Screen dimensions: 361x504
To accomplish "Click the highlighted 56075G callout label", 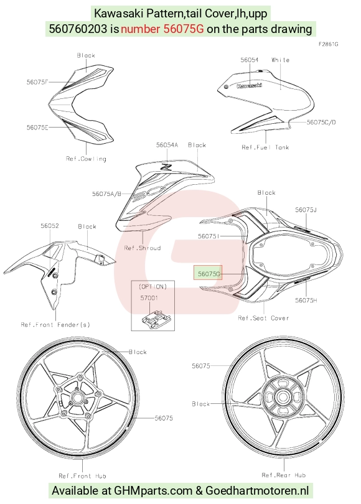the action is pos(209,274).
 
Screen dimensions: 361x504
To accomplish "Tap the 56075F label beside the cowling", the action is pos(37,82).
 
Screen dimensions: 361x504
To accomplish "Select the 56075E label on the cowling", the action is pos(37,128).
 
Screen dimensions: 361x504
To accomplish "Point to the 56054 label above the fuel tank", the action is pos(250,60).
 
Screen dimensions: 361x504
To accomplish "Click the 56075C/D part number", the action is pos(321,122).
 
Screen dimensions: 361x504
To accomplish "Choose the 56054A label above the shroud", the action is pos(167,145).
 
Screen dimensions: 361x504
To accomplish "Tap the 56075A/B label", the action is pos(106,194).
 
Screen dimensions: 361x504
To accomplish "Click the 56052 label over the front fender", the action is pos(50,226).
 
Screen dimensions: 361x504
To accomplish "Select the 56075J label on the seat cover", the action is pos(306,210).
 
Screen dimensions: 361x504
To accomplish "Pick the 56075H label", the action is pos(306,300).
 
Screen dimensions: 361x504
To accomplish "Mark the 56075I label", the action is pos(209,236).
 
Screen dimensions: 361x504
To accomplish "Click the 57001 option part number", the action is pos(149,298).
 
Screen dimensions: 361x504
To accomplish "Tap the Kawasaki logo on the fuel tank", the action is pos(250,85).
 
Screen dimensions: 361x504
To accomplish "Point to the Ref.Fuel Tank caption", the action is pos(266,147).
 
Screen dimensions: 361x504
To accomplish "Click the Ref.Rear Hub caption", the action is pos(284,475).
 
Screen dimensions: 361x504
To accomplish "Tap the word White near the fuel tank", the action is pos(281,60).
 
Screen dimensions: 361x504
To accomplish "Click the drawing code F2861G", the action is pos(329,44).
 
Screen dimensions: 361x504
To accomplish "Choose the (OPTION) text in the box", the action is pos(152,286).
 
